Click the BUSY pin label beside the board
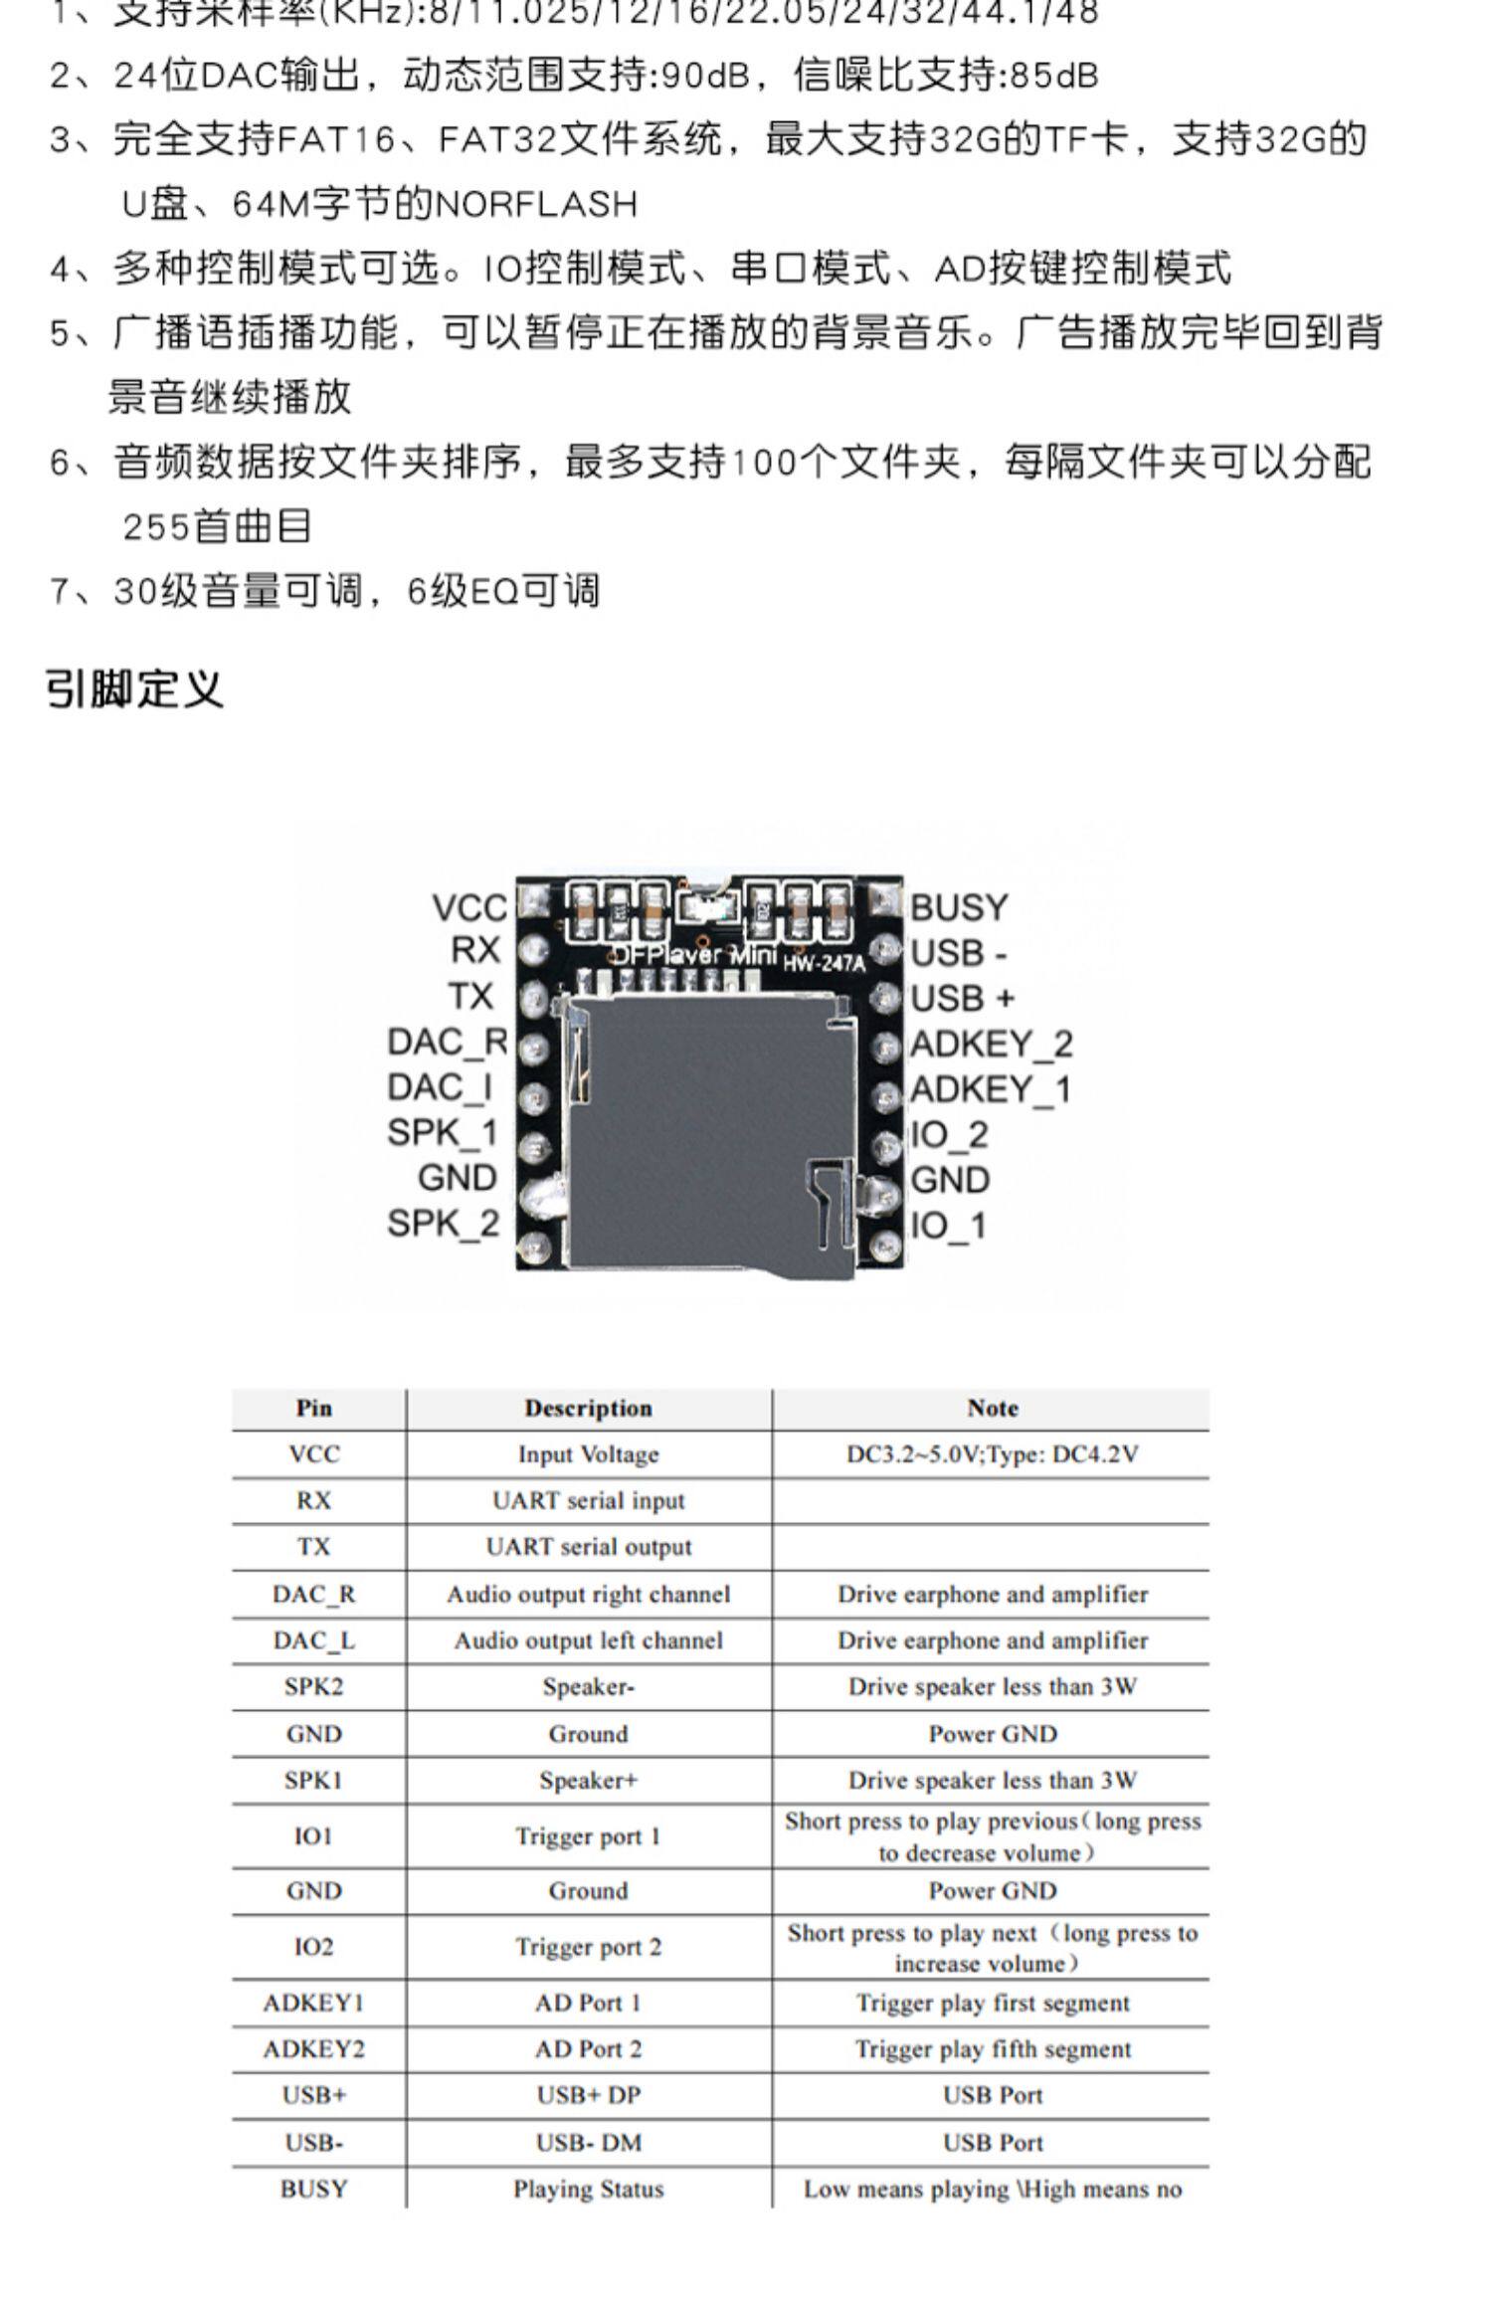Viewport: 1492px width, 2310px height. click(x=959, y=907)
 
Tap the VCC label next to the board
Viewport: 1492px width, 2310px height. click(x=469, y=907)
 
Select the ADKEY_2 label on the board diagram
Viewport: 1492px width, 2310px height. click(x=991, y=1044)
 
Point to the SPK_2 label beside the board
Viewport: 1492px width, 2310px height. click(x=443, y=1223)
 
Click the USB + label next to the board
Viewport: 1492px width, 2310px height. click(x=962, y=998)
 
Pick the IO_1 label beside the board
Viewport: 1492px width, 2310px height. click(x=949, y=1225)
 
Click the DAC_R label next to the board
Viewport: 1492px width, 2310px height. click(x=447, y=1042)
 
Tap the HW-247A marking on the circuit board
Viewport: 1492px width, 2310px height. click(x=824, y=963)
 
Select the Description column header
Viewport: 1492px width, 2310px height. click(x=588, y=1408)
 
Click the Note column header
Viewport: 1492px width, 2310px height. click(x=992, y=1408)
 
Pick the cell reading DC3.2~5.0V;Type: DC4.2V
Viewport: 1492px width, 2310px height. click(x=992, y=1454)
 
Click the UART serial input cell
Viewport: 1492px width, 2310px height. click(x=588, y=1500)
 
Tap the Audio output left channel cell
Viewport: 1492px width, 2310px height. click(x=588, y=1640)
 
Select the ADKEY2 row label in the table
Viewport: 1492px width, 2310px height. click(x=313, y=2048)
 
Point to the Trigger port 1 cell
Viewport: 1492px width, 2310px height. click(x=588, y=1836)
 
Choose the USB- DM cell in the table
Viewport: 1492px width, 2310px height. click(x=588, y=2142)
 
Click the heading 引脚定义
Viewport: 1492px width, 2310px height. click(x=135, y=688)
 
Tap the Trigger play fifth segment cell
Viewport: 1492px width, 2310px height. click(x=992, y=2048)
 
